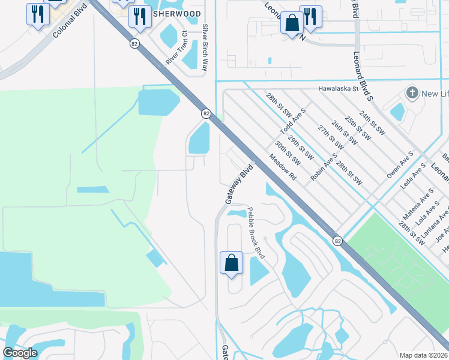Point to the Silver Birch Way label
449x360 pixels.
(x=205, y=47)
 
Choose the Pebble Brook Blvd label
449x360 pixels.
(x=256, y=233)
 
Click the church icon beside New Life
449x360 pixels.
(x=412, y=93)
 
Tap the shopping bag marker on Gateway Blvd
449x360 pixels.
(x=231, y=263)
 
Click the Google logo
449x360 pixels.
(x=20, y=353)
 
